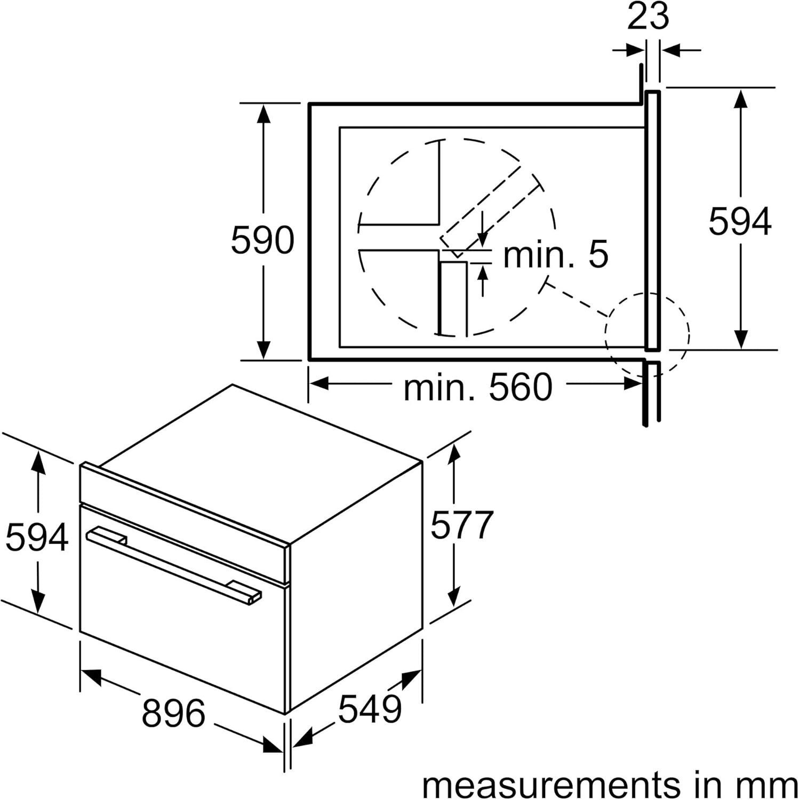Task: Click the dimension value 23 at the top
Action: [x=648, y=17]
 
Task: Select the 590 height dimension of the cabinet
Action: [x=262, y=240]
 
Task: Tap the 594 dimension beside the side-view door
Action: [x=740, y=221]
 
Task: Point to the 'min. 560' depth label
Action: [x=478, y=388]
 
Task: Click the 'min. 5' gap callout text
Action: [x=555, y=254]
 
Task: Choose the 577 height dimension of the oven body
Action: [x=462, y=525]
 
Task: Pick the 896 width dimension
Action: [x=173, y=713]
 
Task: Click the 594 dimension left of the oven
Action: [x=37, y=537]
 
